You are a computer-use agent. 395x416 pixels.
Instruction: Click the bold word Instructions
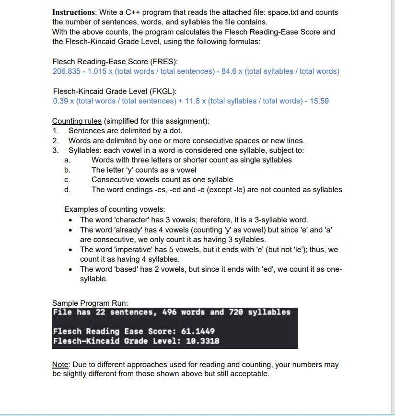point(73,12)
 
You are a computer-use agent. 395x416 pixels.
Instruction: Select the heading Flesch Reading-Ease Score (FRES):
point(115,62)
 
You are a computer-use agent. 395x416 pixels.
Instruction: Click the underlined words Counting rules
point(77,121)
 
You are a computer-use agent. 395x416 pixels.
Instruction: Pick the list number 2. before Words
point(56,141)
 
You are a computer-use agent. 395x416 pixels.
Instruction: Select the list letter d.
point(67,190)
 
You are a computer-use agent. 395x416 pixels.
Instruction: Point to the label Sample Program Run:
point(90,303)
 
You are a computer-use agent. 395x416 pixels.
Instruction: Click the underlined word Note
point(60,365)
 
